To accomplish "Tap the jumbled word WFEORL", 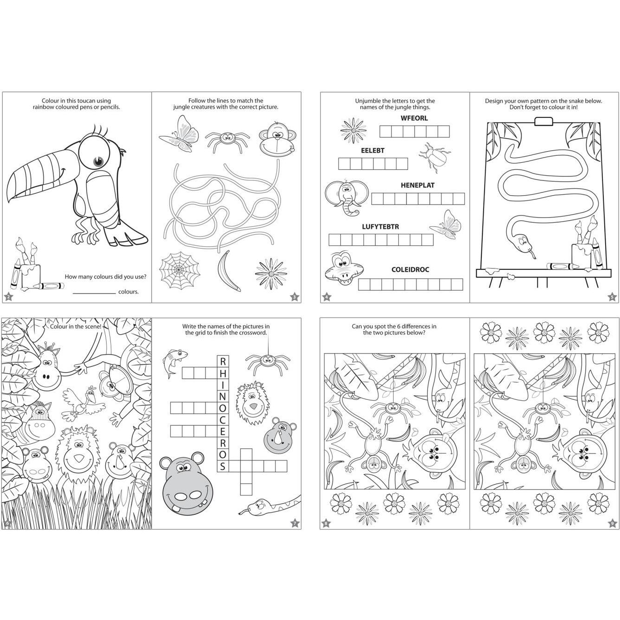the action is point(414,118).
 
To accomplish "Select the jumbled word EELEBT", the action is point(372,150).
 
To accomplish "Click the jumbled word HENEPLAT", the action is point(417,185).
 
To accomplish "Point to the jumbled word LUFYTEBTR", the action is point(380,226).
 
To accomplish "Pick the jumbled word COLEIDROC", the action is point(410,269).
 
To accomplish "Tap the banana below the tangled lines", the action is point(227,271).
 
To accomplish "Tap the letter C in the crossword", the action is point(222,420).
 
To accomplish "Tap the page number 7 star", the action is point(294,523).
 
